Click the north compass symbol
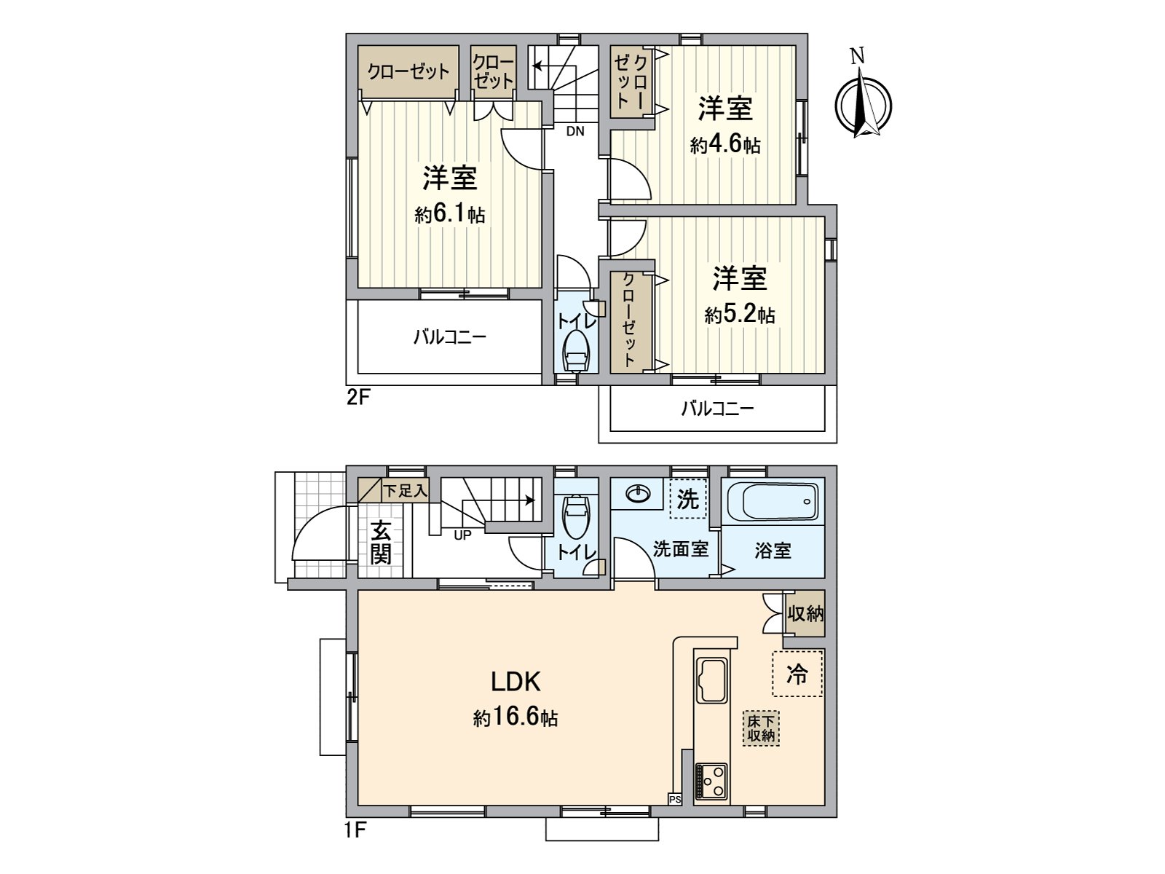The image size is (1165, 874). (x=862, y=103)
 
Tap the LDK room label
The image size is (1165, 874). (x=515, y=682)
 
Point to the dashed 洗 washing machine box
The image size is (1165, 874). (x=687, y=499)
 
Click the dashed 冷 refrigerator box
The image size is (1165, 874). (x=797, y=674)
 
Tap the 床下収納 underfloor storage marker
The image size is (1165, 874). (x=762, y=728)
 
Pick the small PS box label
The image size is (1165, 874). (x=675, y=799)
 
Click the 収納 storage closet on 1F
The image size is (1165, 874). (x=805, y=614)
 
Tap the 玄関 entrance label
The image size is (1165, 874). (x=380, y=543)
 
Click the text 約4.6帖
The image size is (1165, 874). (x=725, y=145)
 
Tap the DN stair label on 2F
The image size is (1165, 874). (x=575, y=132)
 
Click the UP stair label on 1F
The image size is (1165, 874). (x=462, y=535)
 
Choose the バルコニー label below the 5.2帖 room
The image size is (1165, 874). (x=717, y=409)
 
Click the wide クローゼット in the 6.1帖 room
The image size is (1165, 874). (x=408, y=72)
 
